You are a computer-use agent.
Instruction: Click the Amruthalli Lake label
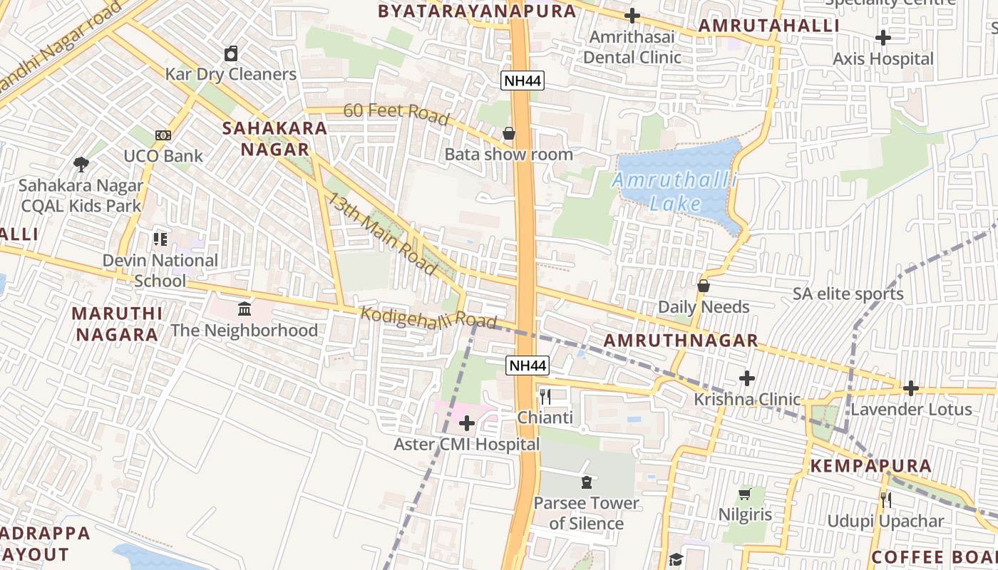coord(674,192)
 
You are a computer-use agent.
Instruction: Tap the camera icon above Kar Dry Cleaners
coord(231,53)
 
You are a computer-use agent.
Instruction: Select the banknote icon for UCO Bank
coord(163,135)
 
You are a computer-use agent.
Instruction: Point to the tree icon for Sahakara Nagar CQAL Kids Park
coord(81,165)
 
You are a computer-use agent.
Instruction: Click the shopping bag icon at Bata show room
coord(509,133)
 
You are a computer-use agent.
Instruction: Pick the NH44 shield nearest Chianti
coord(528,366)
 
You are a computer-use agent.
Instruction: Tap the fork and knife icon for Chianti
coord(545,397)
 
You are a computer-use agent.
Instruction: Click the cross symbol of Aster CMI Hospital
coord(467,424)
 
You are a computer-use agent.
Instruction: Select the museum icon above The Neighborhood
coord(245,309)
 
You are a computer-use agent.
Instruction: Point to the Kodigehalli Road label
coord(428,318)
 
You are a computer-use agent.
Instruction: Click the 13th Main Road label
coord(381,234)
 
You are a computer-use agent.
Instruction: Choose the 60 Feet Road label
coord(396,113)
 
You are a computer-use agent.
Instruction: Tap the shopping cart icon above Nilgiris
coord(745,494)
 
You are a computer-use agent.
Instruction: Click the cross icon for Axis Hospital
coord(883,38)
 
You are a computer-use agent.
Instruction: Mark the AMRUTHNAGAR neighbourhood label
coord(681,341)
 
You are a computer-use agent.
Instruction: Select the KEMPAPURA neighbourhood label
coord(870,466)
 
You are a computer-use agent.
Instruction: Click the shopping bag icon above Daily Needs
coord(704,286)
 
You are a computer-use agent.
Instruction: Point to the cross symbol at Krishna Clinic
coord(747,378)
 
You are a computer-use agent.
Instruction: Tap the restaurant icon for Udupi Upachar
coord(885,500)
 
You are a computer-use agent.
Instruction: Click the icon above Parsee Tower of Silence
coord(586,482)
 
